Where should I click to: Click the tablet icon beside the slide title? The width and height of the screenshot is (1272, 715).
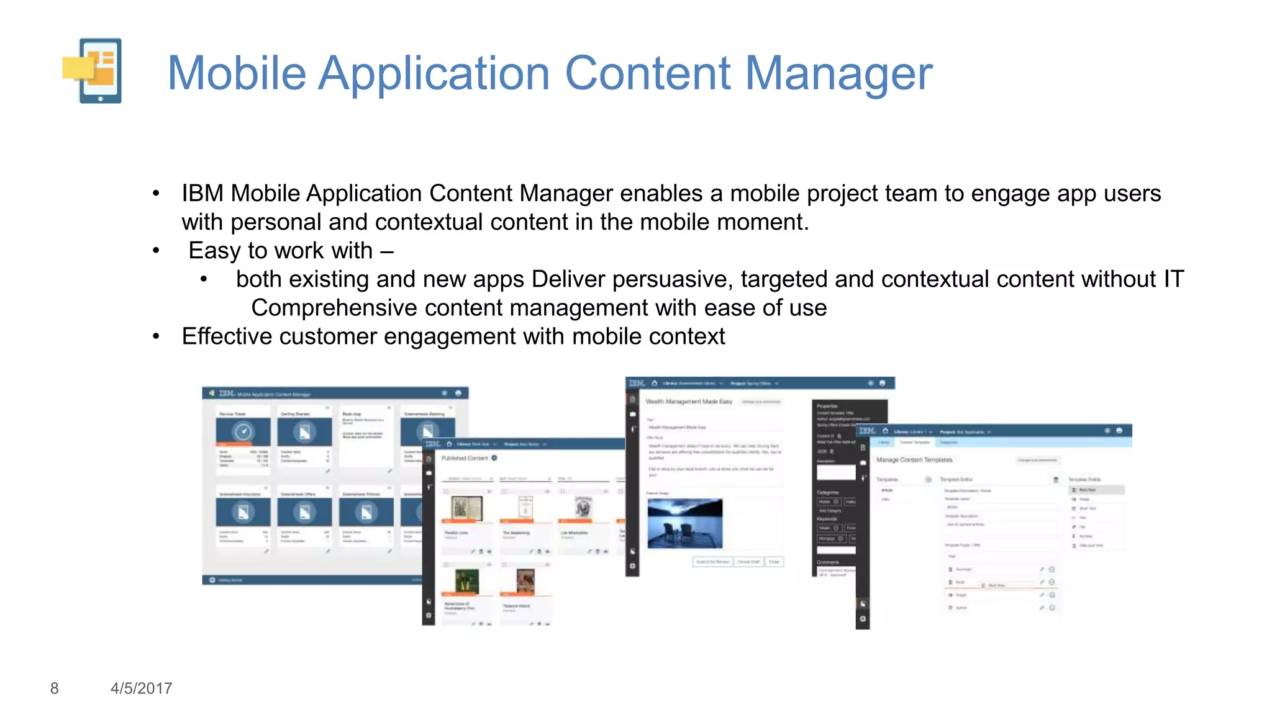[93, 71]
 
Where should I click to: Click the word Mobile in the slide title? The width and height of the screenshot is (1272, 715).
[237, 73]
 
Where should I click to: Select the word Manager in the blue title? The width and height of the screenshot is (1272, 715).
[838, 73]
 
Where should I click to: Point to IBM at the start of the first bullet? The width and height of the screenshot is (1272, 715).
[202, 194]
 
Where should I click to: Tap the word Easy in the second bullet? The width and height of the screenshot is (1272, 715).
[215, 251]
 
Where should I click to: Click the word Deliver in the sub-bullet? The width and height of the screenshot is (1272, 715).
[568, 279]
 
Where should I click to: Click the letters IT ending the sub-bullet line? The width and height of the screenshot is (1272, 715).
[1173, 279]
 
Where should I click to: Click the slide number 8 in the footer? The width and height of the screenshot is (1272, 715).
[55, 688]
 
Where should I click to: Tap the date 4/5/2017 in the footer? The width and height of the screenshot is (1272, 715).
[141, 688]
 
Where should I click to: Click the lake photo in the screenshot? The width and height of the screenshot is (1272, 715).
[684, 523]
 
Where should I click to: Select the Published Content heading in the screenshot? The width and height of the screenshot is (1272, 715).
[465, 458]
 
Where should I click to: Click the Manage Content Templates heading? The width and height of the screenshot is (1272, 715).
[914, 460]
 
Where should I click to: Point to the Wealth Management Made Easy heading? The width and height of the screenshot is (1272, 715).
[689, 402]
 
